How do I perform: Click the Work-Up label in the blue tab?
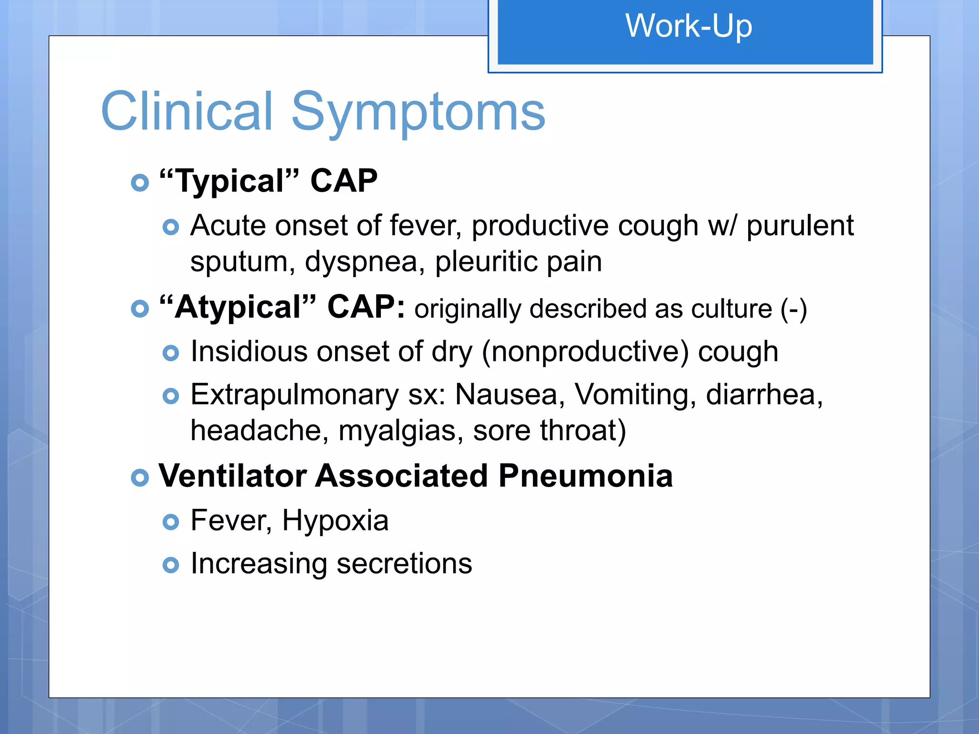pos(688,26)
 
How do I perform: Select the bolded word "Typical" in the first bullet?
pos(229,182)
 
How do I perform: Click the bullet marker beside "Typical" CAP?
pos(140,183)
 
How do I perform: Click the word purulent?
pos(800,226)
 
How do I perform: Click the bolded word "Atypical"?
pos(238,307)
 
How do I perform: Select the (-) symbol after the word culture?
pos(794,309)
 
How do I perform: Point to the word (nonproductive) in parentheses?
pos(585,352)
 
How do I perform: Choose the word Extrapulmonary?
pos(294,395)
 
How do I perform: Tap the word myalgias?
pos(401,431)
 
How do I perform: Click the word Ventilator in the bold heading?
pos(232,476)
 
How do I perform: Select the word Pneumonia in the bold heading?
pos(585,476)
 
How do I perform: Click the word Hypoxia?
pos(335,520)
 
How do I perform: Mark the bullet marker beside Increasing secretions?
pos(171,565)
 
